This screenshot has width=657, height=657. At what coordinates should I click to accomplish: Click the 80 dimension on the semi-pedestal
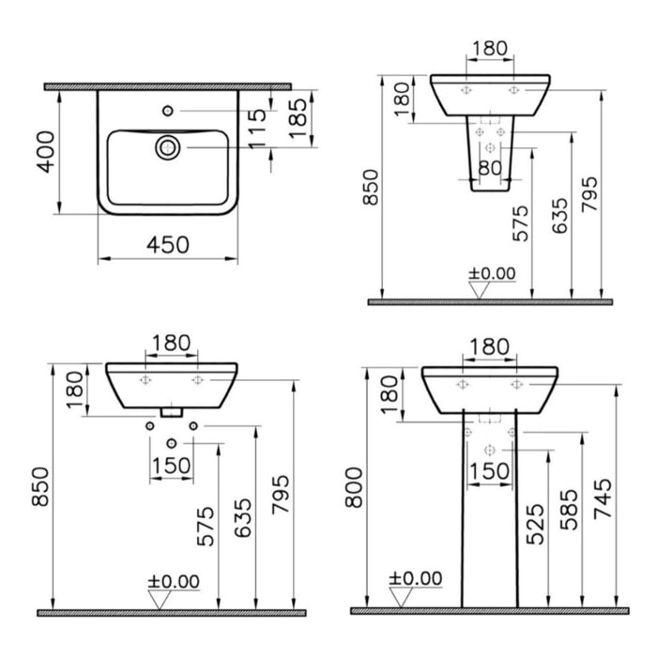[490, 169]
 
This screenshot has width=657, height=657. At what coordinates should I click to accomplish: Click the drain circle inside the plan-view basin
[168, 146]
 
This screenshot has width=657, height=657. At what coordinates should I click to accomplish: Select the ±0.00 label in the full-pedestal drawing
[414, 579]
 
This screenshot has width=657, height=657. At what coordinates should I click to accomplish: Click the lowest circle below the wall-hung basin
[171, 443]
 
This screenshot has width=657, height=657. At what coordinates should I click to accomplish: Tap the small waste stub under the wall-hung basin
[171, 411]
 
